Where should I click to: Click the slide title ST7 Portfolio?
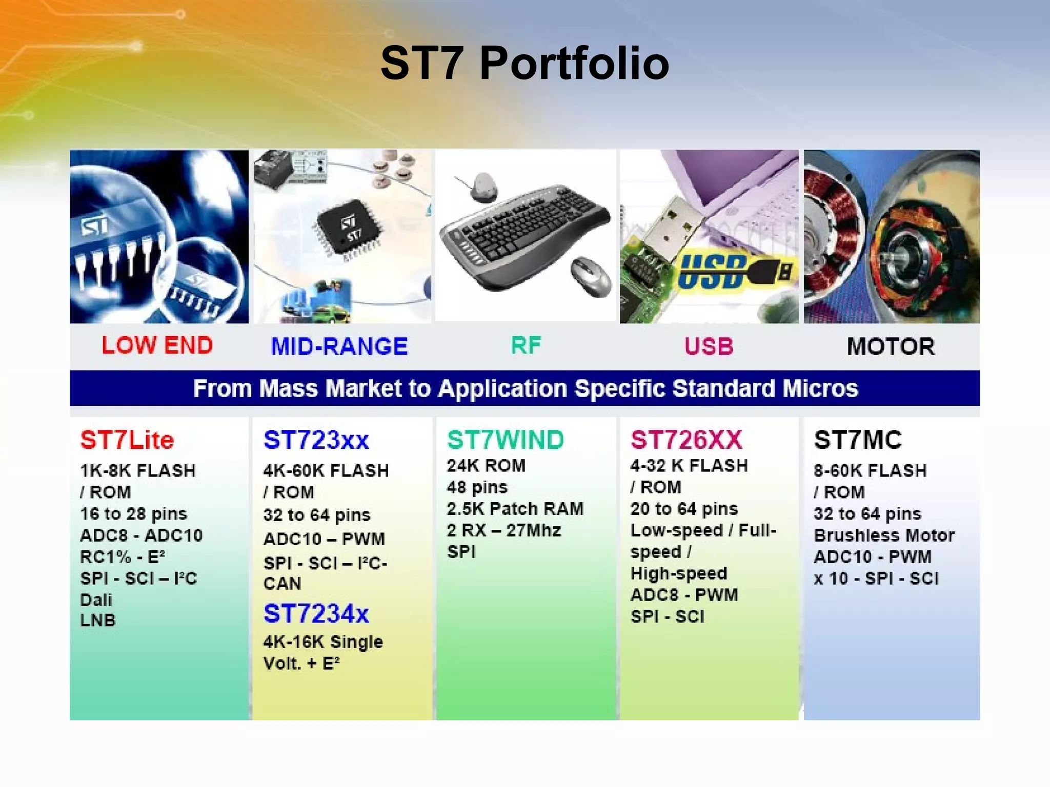(524, 63)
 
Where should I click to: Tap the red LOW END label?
(157, 345)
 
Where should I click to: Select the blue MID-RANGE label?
(339, 346)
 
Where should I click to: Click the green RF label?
(526, 345)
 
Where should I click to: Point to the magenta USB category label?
(709, 346)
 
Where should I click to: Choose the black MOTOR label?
(891, 346)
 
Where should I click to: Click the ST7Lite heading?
(127, 440)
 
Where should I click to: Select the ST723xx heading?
(316, 440)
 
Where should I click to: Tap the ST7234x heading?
(316, 613)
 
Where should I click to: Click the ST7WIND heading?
(505, 440)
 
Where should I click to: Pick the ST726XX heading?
(686, 440)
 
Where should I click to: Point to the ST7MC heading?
(858, 440)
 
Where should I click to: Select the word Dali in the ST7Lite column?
(96, 599)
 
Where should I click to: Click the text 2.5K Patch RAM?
(515, 508)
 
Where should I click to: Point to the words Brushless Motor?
(884, 535)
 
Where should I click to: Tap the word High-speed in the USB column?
(678, 573)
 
